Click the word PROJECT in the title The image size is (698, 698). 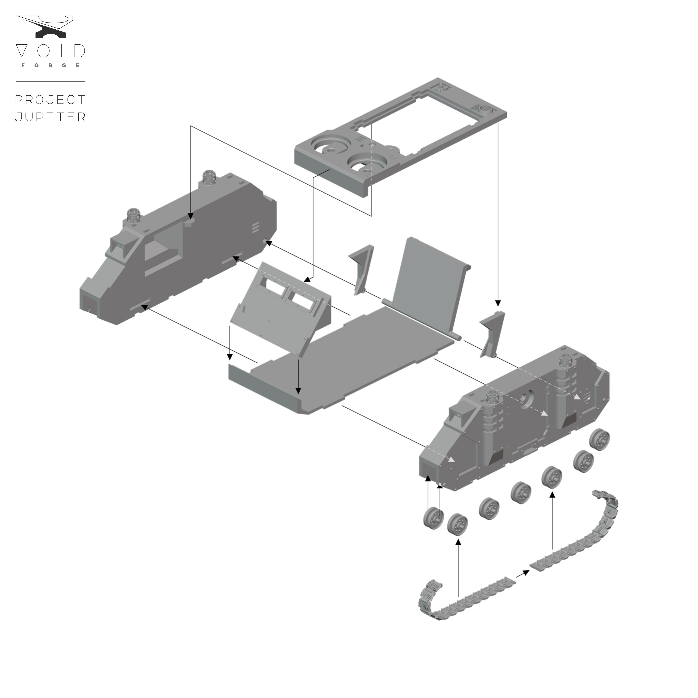[50, 100]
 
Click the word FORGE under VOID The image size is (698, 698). [51, 65]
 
